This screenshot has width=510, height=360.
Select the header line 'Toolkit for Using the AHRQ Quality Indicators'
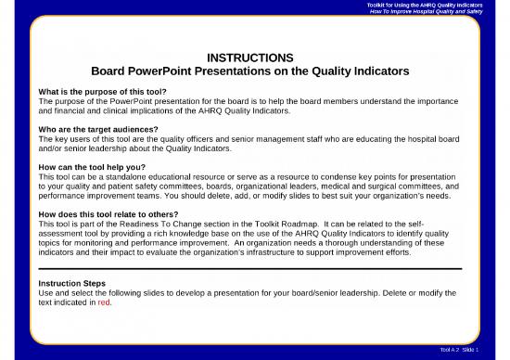[437, 6]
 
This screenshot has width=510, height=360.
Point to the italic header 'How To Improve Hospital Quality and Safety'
[439, 14]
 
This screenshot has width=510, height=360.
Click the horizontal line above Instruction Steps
[255, 268]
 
